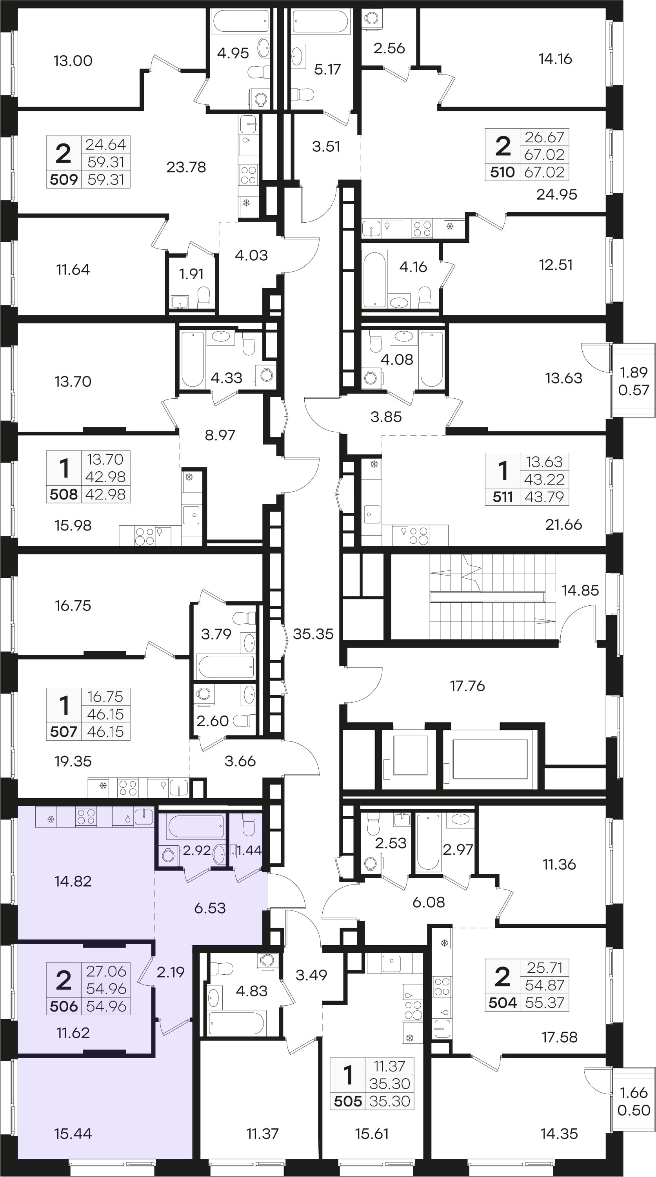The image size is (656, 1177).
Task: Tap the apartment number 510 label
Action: tap(503, 172)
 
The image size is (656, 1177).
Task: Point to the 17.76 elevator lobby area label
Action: tap(467, 685)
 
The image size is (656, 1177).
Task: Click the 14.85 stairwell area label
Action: tap(580, 590)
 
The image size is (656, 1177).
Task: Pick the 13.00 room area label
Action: tap(73, 61)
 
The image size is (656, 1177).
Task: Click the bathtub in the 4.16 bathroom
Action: tap(374, 279)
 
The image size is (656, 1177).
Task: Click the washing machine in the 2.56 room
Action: tap(371, 19)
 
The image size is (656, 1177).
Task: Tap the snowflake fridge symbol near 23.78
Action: tap(246, 202)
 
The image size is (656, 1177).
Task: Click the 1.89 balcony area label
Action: tap(634, 372)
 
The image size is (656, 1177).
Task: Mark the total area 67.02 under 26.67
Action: tap(544, 154)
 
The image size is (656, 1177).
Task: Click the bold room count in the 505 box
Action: tap(348, 1076)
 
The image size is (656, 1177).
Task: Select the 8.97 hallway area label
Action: tap(220, 435)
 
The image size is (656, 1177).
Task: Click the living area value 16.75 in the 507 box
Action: tap(105, 697)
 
